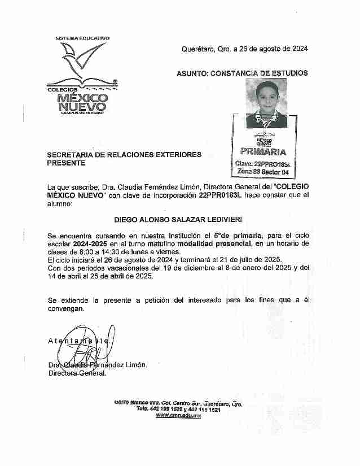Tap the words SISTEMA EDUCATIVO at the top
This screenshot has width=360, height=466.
coord(82,38)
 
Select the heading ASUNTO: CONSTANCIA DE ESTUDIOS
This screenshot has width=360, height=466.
coord(242,73)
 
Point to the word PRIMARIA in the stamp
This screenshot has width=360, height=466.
coord(263,151)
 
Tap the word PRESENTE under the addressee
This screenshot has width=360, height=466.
coord(67,163)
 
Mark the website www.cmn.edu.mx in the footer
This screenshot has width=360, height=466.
coord(178,415)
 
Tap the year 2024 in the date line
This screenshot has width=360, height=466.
coord(297,49)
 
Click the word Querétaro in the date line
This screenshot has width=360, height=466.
coord(198,49)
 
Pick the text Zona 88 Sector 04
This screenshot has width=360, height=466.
coord(264,171)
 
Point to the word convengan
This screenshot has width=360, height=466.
coord(67,309)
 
